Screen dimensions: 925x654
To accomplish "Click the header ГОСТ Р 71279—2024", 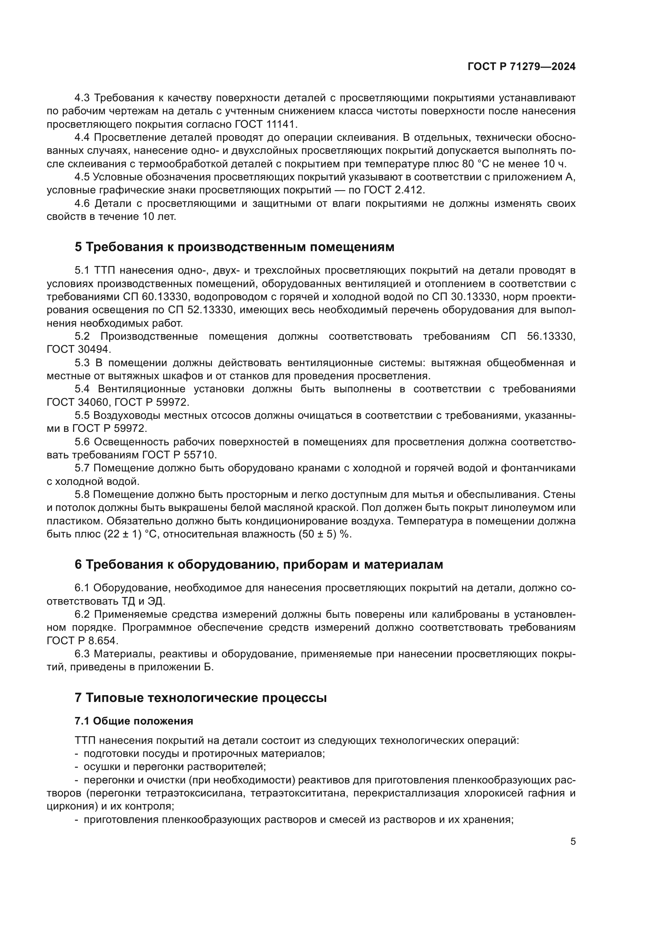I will click(522, 67).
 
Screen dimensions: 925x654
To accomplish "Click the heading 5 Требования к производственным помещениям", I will click(234, 247).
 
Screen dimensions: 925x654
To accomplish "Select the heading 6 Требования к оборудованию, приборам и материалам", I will click(259, 564).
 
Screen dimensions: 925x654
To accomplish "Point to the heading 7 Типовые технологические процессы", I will click(200, 696).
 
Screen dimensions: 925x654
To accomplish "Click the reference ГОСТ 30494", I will click(79, 349).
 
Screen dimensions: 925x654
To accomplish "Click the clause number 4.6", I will click(83, 203).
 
